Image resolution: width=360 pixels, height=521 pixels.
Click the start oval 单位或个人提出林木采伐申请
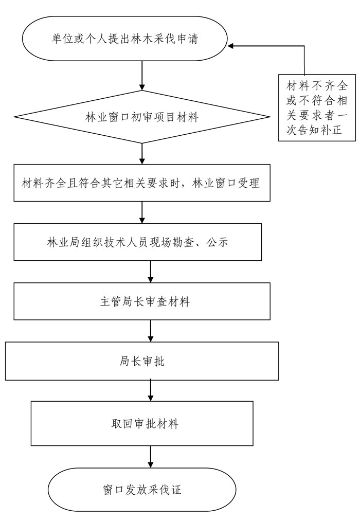coord(124,39)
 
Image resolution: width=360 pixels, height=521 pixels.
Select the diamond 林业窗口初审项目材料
coord(142,117)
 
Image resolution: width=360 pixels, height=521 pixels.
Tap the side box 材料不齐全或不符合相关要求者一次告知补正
coord(317,107)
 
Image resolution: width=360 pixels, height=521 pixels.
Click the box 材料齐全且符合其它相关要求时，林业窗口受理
coord(142,183)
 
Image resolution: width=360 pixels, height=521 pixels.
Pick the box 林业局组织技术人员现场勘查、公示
coord(137,242)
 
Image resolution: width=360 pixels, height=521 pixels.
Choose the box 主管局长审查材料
coord(142,301)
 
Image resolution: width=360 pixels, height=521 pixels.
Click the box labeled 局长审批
coord(142,361)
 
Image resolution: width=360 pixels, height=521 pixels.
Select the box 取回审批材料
coord(142,424)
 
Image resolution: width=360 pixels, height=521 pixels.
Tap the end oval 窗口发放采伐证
coord(142,490)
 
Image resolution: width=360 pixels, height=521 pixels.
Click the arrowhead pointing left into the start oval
coord(230,46)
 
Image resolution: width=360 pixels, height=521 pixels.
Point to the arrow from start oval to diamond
coord(142,76)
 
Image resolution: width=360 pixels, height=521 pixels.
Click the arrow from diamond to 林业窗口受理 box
coord(142,153)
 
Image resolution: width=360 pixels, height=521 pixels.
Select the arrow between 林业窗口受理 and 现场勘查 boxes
coord(142,212)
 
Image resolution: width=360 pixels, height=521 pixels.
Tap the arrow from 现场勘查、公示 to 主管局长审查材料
coord(151,272)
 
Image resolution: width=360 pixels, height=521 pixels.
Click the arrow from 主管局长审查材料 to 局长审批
coord(151,331)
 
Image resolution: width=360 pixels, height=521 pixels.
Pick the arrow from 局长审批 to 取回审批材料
coord(151,391)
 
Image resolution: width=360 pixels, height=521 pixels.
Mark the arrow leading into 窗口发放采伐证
coord(151,457)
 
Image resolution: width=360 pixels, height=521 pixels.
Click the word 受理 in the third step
coord(248,183)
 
